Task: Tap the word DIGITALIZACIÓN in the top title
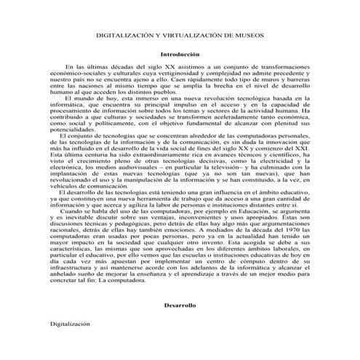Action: (116, 34)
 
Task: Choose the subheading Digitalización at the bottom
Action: (70, 322)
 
